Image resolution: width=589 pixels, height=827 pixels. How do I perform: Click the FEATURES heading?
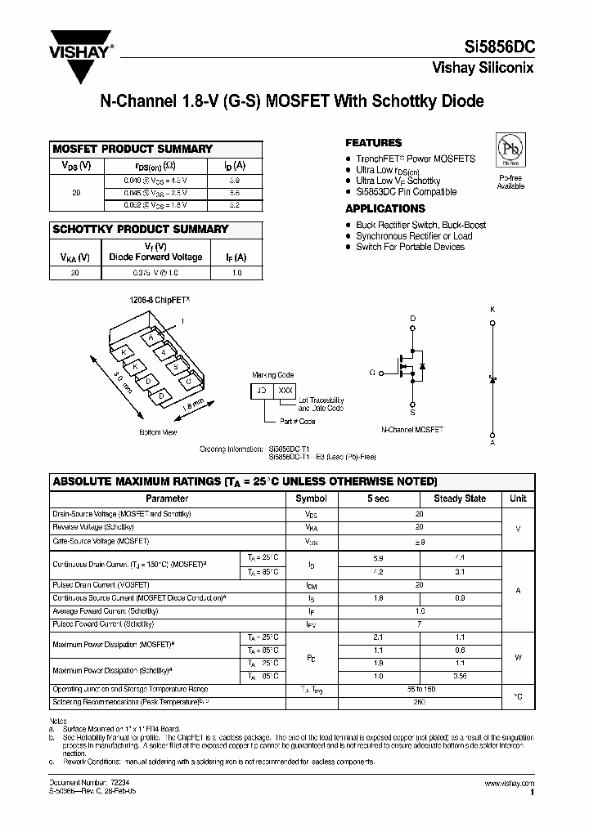(x=373, y=142)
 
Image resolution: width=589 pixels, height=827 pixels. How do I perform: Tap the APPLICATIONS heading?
(x=384, y=209)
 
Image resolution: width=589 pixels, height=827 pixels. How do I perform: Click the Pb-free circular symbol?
(x=510, y=150)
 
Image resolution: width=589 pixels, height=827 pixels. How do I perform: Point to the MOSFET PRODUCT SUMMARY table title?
(x=133, y=149)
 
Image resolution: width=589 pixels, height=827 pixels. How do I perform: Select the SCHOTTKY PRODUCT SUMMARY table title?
(x=140, y=229)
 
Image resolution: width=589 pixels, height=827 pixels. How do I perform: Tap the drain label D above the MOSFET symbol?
(x=412, y=318)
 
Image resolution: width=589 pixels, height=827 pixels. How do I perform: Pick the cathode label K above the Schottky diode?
(x=492, y=310)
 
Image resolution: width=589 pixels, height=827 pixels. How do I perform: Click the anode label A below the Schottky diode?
(x=492, y=442)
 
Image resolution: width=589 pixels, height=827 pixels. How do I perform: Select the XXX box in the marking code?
(x=286, y=391)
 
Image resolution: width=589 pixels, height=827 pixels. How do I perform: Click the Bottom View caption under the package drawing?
(x=158, y=431)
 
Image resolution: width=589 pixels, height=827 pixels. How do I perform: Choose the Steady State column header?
(x=459, y=498)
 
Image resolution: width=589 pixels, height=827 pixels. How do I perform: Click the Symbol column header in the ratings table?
(x=311, y=498)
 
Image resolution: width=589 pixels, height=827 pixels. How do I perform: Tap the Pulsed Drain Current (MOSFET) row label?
(x=101, y=586)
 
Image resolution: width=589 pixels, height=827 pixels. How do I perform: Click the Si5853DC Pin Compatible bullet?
(x=406, y=192)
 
